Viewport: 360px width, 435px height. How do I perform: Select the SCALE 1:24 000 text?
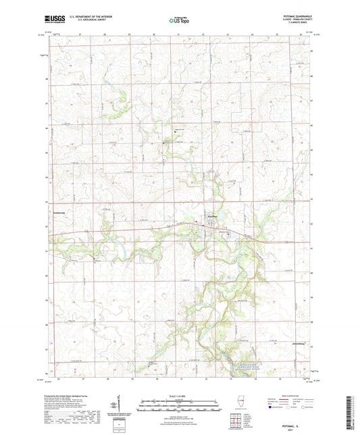(179, 394)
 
